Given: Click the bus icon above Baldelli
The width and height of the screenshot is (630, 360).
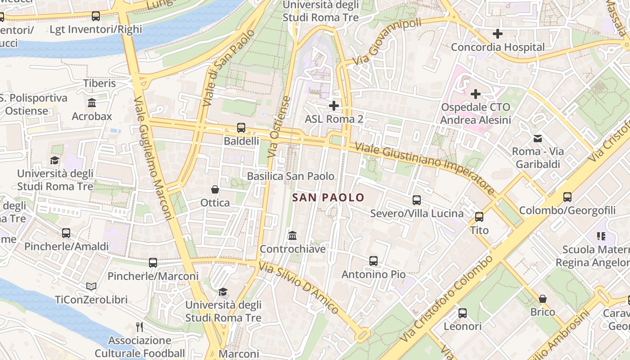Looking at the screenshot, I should (241, 128).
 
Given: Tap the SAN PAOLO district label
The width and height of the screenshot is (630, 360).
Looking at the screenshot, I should (328, 198).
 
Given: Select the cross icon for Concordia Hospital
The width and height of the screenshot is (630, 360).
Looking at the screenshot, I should (498, 34).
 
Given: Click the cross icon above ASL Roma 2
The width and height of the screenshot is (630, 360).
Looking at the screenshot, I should (334, 106).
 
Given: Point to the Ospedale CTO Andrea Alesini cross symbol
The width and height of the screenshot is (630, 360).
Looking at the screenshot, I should (476, 94).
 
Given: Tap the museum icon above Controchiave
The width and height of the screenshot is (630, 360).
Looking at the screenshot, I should (292, 235).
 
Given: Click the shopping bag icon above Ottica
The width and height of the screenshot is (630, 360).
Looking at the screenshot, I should (215, 189).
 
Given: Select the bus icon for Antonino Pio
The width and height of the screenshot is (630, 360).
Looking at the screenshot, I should (373, 261).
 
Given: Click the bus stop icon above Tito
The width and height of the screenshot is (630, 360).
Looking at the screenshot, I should (479, 217).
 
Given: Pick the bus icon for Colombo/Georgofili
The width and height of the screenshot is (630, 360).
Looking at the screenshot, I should (567, 197).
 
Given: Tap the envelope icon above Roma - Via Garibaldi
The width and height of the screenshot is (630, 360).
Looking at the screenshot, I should (538, 138).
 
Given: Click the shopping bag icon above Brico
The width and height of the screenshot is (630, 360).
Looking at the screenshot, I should (543, 299).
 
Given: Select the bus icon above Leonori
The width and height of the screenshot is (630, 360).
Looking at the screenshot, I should (463, 313).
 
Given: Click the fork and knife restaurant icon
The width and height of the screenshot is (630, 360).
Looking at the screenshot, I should (139, 327).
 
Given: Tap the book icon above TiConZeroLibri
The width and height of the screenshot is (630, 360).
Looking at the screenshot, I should (91, 286).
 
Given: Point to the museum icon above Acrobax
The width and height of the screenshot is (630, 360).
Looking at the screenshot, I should (92, 103).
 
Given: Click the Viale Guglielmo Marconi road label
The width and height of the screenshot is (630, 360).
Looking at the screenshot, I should (153, 157).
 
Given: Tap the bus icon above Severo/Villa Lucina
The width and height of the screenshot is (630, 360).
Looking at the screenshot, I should (417, 200).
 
